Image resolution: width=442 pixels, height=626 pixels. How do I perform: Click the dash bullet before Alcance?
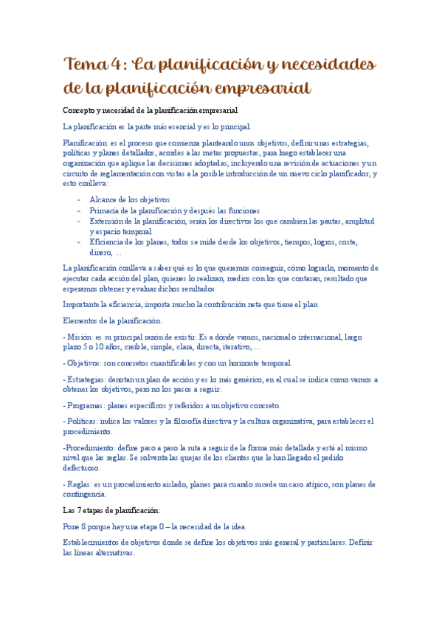coord(79,200)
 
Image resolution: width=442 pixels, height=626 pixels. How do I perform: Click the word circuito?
coord(77,173)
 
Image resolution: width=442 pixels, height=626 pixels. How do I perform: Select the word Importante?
coord(84,304)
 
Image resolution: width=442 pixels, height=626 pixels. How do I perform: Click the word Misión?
coord(81,337)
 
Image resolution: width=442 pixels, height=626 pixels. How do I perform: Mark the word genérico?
coord(224,379)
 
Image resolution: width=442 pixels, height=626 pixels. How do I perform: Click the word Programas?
coord(86,406)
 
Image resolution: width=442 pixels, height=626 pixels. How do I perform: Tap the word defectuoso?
coord(81,468)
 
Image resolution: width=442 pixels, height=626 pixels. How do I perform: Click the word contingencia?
coord(84,495)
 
